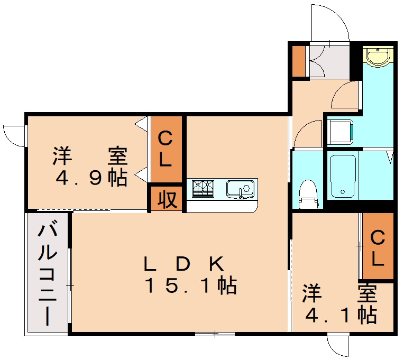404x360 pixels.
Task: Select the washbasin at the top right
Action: click(x=378, y=57)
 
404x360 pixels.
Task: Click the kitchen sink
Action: click(x=241, y=189)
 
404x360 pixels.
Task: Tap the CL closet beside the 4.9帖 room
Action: click(x=166, y=150)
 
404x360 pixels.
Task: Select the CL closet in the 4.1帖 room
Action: click(x=378, y=247)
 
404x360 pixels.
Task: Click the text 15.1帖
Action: click(x=190, y=286)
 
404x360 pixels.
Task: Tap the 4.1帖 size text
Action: click(x=341, y=315)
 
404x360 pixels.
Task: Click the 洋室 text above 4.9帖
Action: click(x=90, y=156)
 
